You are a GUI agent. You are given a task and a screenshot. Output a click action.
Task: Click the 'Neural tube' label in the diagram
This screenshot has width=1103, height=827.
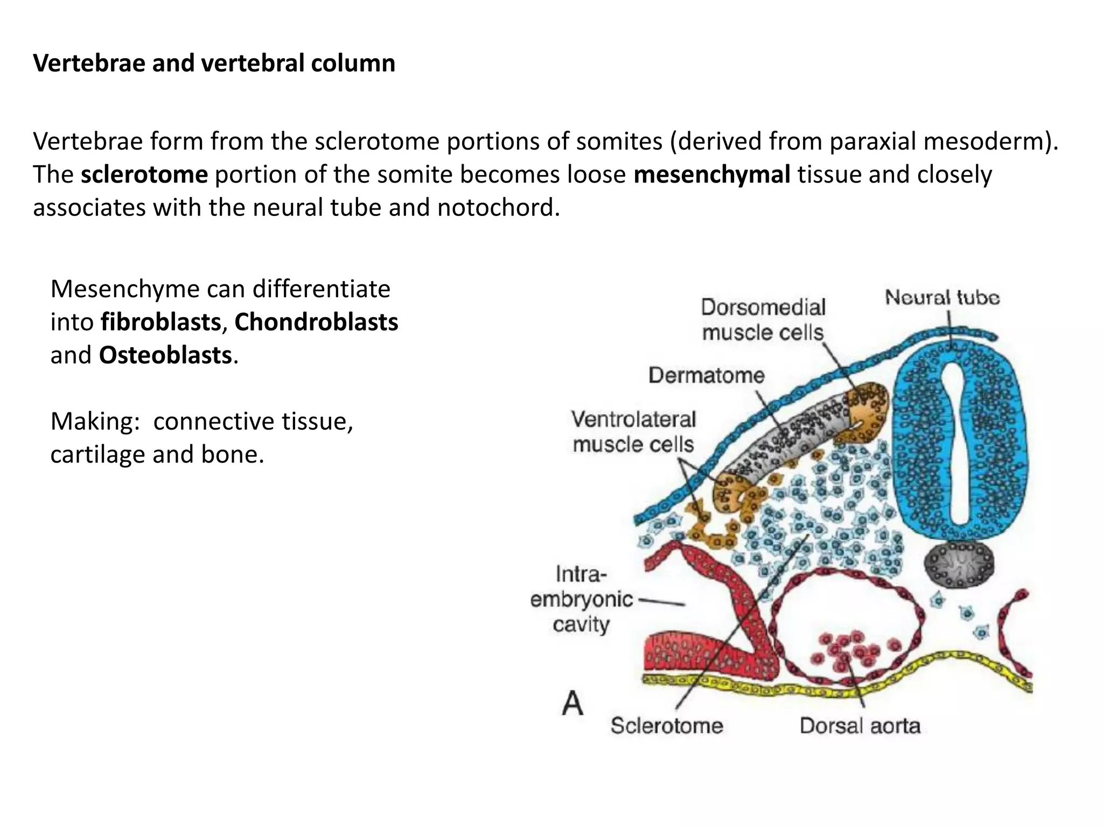point(942,298)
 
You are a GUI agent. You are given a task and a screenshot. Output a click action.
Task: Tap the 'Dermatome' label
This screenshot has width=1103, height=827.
point(706,375)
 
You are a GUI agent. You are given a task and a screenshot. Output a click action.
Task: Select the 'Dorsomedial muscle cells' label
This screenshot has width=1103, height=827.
point(763,320)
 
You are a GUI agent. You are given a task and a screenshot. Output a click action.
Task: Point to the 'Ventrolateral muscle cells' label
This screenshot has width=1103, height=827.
point(633,432)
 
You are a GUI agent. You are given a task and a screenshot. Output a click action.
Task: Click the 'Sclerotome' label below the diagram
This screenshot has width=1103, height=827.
point(667,726)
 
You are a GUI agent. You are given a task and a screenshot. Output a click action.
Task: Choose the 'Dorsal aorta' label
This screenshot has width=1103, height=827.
point(860,726)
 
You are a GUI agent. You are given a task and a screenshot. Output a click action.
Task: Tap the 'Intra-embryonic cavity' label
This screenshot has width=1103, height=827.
point(582,599)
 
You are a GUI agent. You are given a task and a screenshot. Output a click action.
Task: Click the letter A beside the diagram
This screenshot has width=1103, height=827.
point(572,703)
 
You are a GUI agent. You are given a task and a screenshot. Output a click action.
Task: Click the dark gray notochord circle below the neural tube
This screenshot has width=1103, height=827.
point(959,564)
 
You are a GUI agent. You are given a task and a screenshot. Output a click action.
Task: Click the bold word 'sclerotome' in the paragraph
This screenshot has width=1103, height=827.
point(144,175)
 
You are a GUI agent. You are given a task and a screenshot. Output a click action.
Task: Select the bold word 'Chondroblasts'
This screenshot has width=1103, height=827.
point(316,322)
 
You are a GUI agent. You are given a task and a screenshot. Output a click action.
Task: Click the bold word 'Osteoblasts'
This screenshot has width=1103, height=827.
point(165,355)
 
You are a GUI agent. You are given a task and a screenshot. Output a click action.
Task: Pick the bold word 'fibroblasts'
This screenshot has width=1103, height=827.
point(160,322)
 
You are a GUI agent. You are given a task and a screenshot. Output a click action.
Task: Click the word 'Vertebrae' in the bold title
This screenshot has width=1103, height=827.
point(89,63)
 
